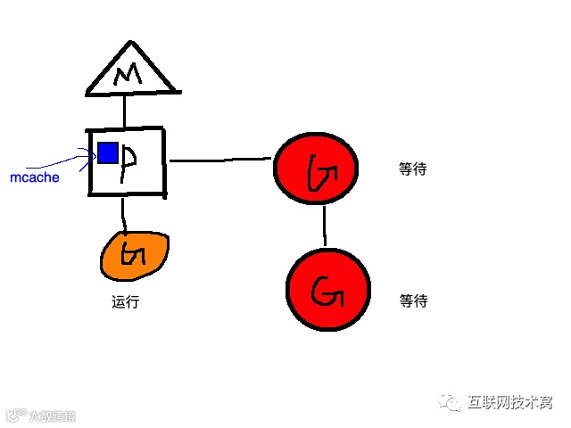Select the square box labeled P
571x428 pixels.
[126, 161]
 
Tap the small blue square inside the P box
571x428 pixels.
[107, 153]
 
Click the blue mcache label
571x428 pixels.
[35, 177]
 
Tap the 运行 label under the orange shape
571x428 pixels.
[125, 302]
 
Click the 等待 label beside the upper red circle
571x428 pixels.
[412, 169]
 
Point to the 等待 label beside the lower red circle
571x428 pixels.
[413, 301]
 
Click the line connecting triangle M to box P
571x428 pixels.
[125, 110]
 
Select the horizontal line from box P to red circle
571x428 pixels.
[219, 160]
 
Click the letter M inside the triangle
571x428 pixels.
[131, 76]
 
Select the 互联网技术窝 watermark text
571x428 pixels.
[510, 403]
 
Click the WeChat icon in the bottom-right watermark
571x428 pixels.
[451, 404]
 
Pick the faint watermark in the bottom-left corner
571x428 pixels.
[42, 415]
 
